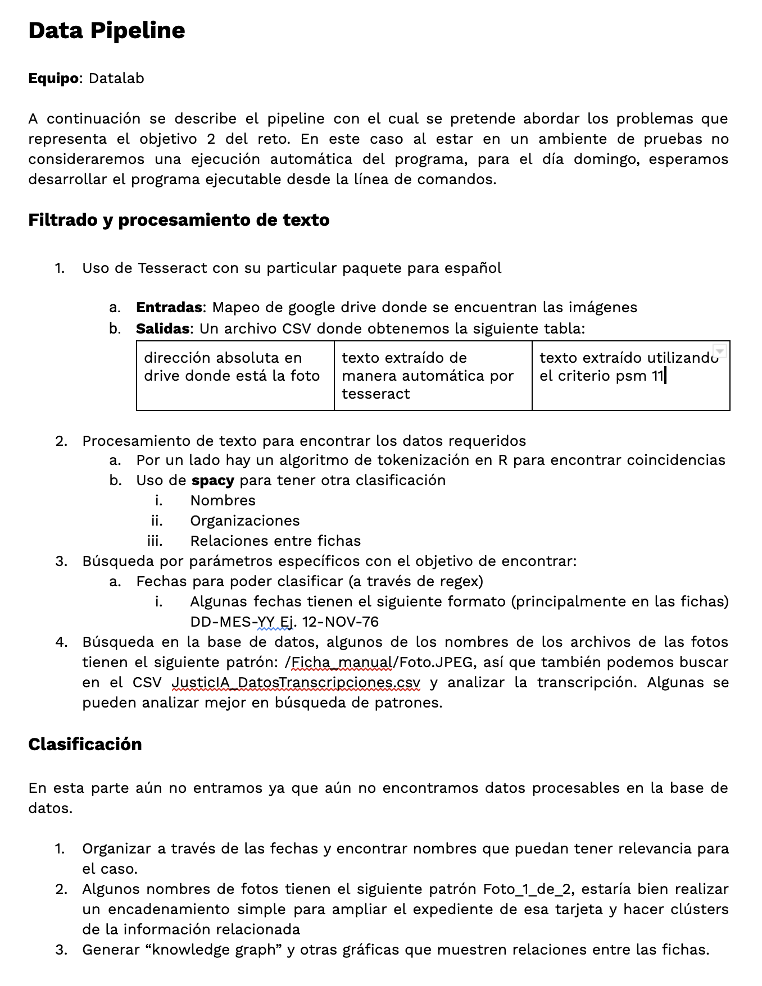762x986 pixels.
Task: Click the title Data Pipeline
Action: (106, 31)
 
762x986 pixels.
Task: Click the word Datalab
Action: (116, 78)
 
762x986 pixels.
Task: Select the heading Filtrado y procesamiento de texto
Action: (179, 220)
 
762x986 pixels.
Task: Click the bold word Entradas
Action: (169, 307)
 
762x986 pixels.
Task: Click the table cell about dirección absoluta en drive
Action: (235, 375)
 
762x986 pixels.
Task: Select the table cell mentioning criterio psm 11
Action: (631, 375)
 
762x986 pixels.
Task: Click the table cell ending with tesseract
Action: (433, 375)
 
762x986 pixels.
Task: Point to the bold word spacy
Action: (212, 481)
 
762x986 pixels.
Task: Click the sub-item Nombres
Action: (223, 500)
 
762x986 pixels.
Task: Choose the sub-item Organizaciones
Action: (245, 521)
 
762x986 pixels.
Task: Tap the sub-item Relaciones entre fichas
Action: (275, 541)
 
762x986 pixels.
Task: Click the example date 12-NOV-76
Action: (341, 622)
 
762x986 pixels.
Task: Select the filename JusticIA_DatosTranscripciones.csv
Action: (296, 683)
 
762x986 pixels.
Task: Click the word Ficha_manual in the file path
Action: (342, 663)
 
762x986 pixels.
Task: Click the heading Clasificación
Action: (85, 744)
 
